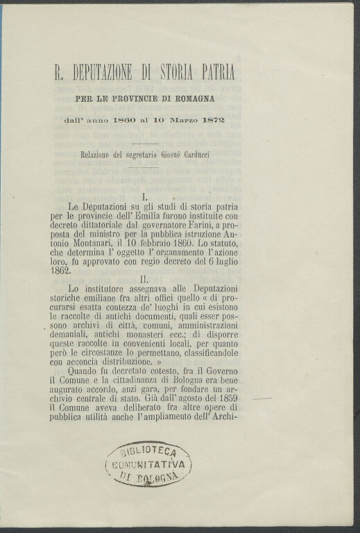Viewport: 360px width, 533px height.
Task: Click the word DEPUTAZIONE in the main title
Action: tap(108, 72)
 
